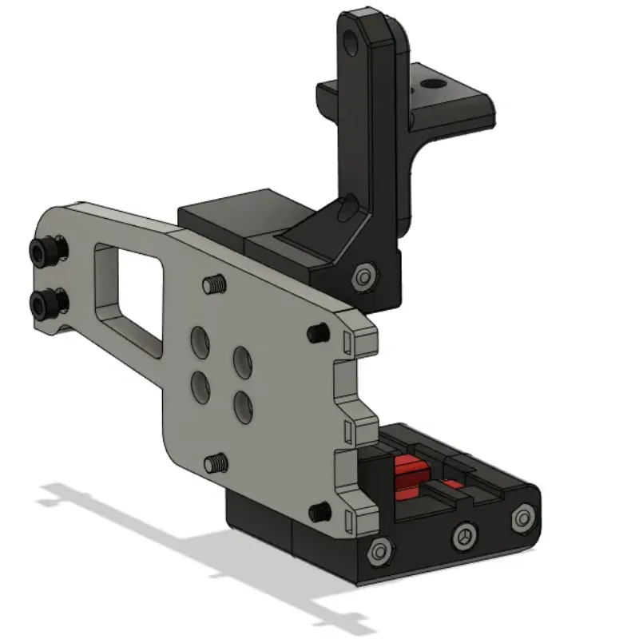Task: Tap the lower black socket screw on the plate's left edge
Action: (x=45, y=302)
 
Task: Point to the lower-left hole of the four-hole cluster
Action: (x=200, y=389)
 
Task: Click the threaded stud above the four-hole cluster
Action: (x=213, y=284)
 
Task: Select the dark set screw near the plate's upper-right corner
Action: (x=317, y=332)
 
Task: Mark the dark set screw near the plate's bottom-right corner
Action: (x=320, y=510)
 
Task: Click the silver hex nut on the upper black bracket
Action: (x=364, y=276)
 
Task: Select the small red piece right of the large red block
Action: (x=452, y=485)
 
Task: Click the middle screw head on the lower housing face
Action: (x=466, y=536)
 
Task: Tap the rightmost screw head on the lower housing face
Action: (x=522, y=518)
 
